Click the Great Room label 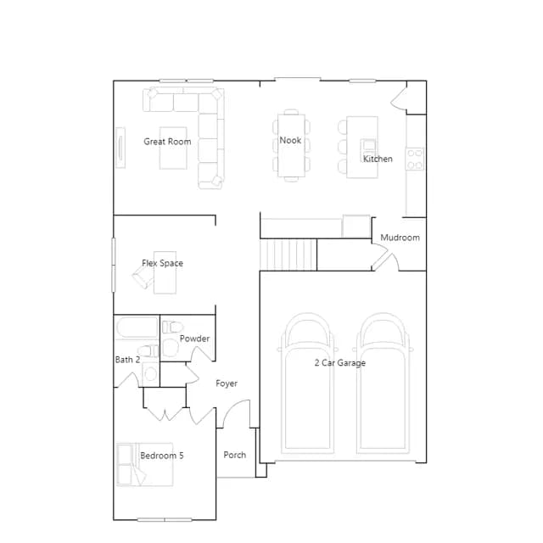(167, 142)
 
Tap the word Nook (290, 140)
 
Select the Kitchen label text (378, 159)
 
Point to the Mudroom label (400, 238)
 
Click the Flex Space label (162, 263)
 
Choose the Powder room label (194, 339)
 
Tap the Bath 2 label (127, 360)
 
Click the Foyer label (227, 383)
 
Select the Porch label (235, 455)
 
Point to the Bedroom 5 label (162, 456)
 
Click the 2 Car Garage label (340, 363)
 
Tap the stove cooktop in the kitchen (415, 159)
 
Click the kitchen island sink (368, 145)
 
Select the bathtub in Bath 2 (137, 327)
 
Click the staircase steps (288, 255)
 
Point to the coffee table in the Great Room (173, 148)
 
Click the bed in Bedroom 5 (145, 464)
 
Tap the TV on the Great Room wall (120, 148)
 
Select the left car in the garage (307, 383)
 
